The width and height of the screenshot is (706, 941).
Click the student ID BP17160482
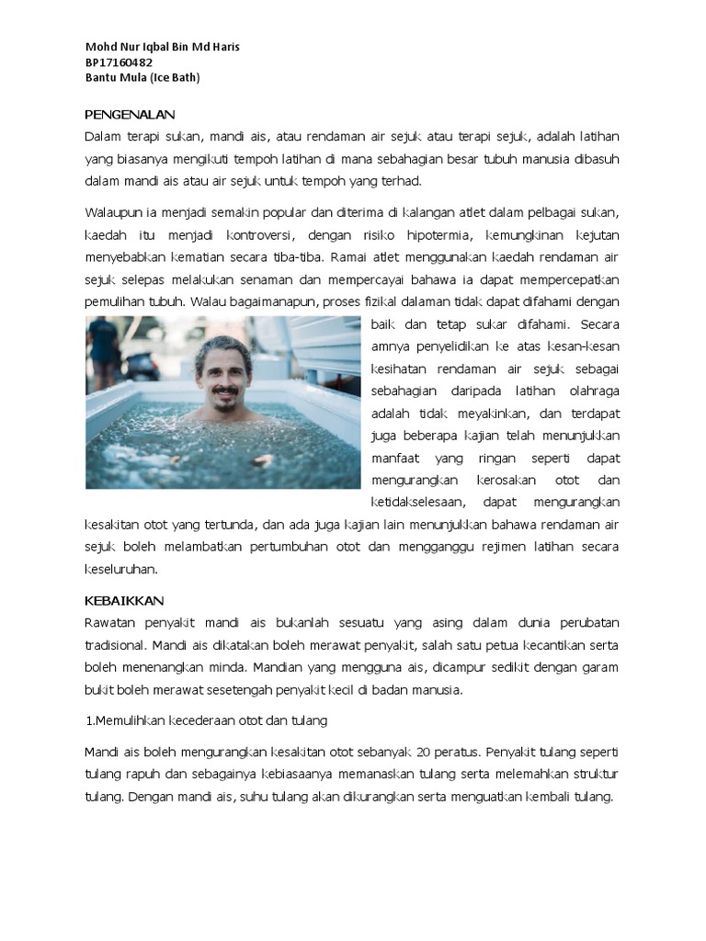point(119,62)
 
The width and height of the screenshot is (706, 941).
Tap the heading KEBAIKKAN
point(124,600)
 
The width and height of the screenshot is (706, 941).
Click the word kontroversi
point(260,235)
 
